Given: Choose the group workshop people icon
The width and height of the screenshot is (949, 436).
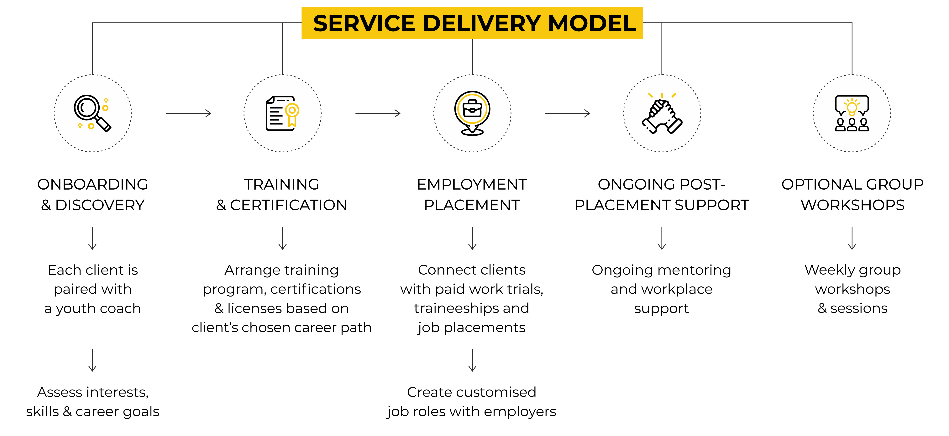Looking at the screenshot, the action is click(x=852, y=113).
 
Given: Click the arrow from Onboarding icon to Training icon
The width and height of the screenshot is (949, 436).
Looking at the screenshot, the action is click(x=189, y=113).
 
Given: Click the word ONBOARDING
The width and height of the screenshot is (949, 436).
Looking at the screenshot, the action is click(x=92, y=184).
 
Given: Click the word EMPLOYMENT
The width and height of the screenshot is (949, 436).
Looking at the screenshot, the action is click(x=472, y=184).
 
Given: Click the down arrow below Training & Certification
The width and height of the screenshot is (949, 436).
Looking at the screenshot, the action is click(x=283, y=239).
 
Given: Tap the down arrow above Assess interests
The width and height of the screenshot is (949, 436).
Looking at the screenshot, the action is click(x=92, y=360).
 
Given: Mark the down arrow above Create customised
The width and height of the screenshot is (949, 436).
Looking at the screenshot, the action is click(x=472, y=360).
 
